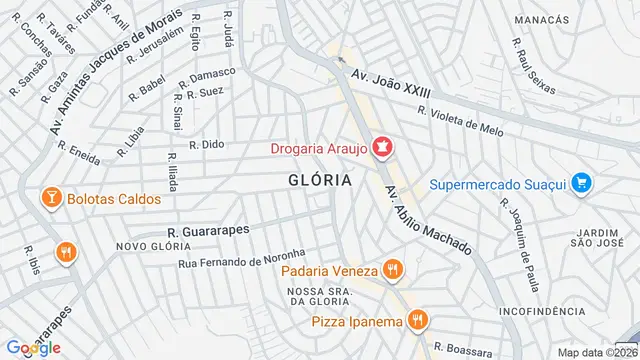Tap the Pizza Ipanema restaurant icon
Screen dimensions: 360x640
pos(418,320)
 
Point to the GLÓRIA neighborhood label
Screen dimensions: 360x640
pos(319,180)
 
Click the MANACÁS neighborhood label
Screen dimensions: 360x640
pos(541,20)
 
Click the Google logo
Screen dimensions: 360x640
pos(34,348)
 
